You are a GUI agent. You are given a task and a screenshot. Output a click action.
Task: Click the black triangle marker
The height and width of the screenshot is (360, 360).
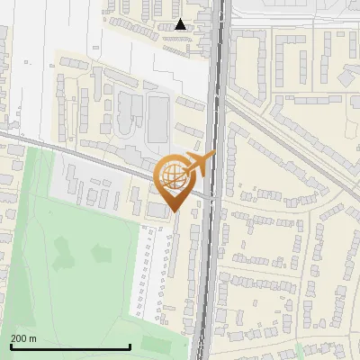(x=181, y=24)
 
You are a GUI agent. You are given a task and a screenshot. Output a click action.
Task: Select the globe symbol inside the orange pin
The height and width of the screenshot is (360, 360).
(x=172, y=175)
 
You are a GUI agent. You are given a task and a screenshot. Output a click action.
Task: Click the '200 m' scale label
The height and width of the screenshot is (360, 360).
(x=23, y=338)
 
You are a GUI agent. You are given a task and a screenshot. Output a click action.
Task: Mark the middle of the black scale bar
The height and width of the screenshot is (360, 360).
(x=70, y=346)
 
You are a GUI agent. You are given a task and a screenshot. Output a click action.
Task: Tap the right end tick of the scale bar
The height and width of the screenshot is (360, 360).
(x=130, y=346)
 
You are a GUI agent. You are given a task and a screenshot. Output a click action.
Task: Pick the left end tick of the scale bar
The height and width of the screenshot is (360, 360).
(x=10, y=346)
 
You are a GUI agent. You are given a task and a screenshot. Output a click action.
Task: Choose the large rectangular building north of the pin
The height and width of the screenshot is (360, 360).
(x=158, y=117)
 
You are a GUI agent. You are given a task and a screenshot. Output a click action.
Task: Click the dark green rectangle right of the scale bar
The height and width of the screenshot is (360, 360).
(x=155, y=344)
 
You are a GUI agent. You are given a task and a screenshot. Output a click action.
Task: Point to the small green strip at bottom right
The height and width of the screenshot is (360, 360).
(x=300, y=350)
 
